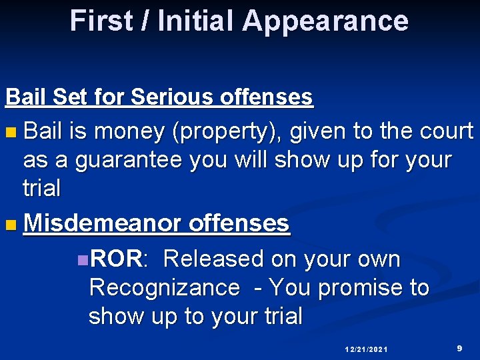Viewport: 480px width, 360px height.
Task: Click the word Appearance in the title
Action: [x=325, y=21]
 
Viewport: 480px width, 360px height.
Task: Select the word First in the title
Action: [x=103, y=21]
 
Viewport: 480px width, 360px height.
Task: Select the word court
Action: [x=446, y=131]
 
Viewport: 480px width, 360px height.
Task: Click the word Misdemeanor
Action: [x=102, y=223]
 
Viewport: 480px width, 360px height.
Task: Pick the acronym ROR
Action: [x=116, y=259]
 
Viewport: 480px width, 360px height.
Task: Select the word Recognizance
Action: [x=164, y=288]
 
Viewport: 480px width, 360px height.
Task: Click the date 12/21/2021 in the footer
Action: [x=367, y=349]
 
